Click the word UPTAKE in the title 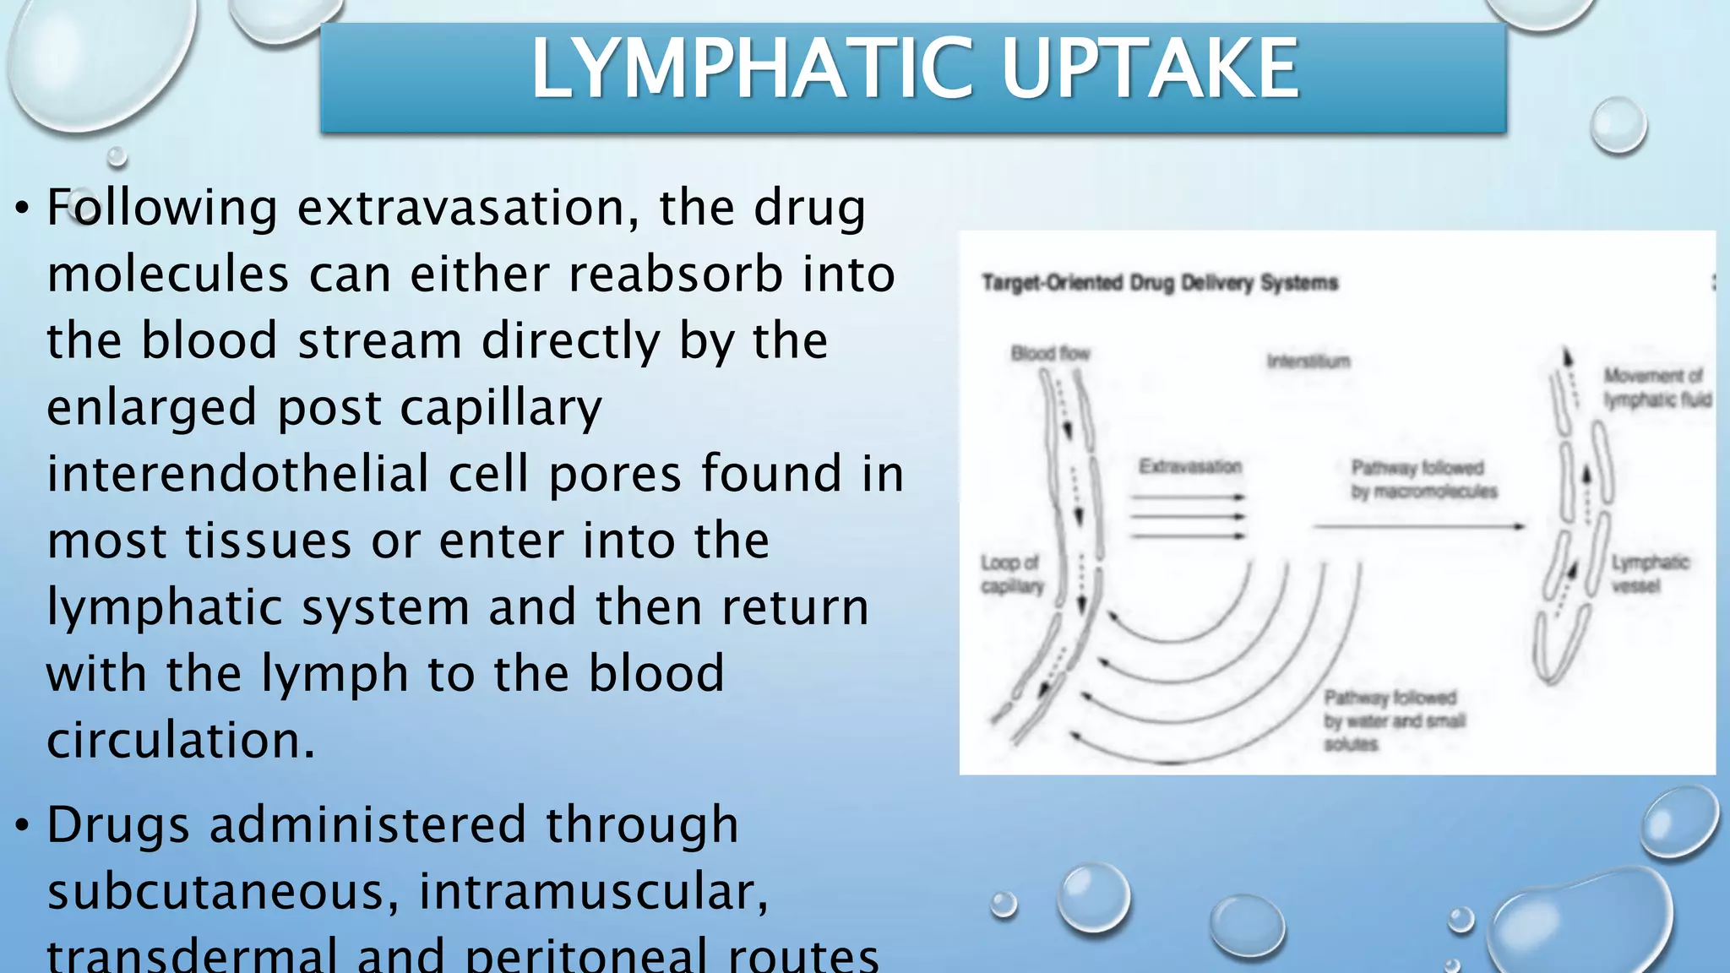pyautogui.click(x=1150, y=69)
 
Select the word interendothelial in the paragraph pyautogui.click(x=237, y=474)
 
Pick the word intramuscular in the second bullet pyautogui.click(x=593, y=892)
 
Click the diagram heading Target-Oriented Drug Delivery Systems pyautogui.click(x=1159, y=282)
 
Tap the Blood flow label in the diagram pyautogui.click(x=1050, y=353)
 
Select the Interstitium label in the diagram pyautogui.click(x=1308, y=361)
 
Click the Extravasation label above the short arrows pyautogui.click(x=1189, y=466)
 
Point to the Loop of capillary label pyautogui.click(x=1011, y=573)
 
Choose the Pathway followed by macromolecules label pyautogui.click(x=1423, y=479)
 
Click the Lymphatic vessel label pyautogui.click(x=1649, y=573)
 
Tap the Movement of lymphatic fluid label pyautogui.click(x=1657, y=387)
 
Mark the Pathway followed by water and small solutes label pyautogui.click(x=1393, y=720)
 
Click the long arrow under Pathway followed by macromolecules pyautogui.click(x=1419, y=526)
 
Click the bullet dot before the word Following pyautogui.click(x=23, y=208)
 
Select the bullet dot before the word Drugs pyautogui.click(x=23, y=826)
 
